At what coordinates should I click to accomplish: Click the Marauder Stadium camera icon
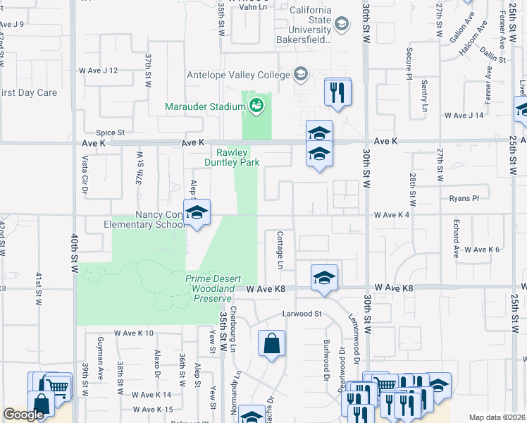pyautogui.click(x=256, y=106)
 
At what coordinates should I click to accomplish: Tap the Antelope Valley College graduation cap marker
pyautogui.click(x=300, y=74)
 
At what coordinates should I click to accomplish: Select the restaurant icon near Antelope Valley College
pyautogui.click(x=337, y=92)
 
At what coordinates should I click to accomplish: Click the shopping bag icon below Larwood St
pyautogui.click(x=271, y=345)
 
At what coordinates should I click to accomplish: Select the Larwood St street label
pyautogui.click(x=302, y=313)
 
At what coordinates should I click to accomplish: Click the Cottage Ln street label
pyautogui.click(x=280, y=250)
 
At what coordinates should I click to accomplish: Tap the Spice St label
pyautogui.click(x=111, y=132)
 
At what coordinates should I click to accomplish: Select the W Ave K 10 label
pyautogui.click(x=133, y=333)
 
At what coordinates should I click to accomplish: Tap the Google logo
pyautogui.click(x=23, y=415)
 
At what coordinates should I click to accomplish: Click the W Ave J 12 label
pyautogui.click(x=98, y=70)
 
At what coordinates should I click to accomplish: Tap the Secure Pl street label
pyautogui.click(x=409, y=63)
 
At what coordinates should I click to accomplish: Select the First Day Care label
pyautogui.click(x=28, y=92)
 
